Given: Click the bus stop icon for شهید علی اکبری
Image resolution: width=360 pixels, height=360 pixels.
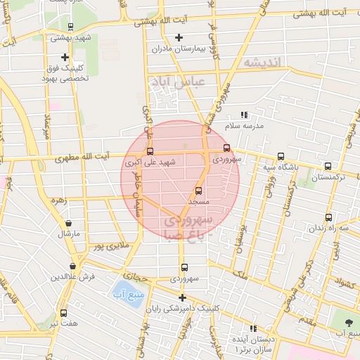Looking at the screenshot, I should coord(149,151).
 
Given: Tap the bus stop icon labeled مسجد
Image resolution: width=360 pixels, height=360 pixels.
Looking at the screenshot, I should coord(198,191).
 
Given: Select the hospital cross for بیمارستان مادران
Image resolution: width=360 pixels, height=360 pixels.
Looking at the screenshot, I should coord(179,37).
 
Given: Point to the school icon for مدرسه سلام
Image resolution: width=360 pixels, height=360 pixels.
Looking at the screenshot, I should coord(244,115).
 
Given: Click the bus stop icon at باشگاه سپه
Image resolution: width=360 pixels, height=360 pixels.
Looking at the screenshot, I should coord(281,157).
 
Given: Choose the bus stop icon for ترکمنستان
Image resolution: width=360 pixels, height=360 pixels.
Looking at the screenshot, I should coord(328,167).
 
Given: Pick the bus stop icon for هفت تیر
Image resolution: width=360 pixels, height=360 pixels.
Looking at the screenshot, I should coord(63,313).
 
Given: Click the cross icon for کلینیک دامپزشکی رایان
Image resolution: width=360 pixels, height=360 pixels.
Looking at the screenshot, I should coord(182,297).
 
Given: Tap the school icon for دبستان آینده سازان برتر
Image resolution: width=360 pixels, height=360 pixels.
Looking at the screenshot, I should coord(254,328).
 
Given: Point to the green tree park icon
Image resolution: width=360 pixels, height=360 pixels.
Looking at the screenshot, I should coord(349,321).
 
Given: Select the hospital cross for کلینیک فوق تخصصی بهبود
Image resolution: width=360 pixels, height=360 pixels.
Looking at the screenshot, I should coord(65,57).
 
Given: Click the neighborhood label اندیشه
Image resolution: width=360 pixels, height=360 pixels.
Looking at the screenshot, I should coord(262,63).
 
